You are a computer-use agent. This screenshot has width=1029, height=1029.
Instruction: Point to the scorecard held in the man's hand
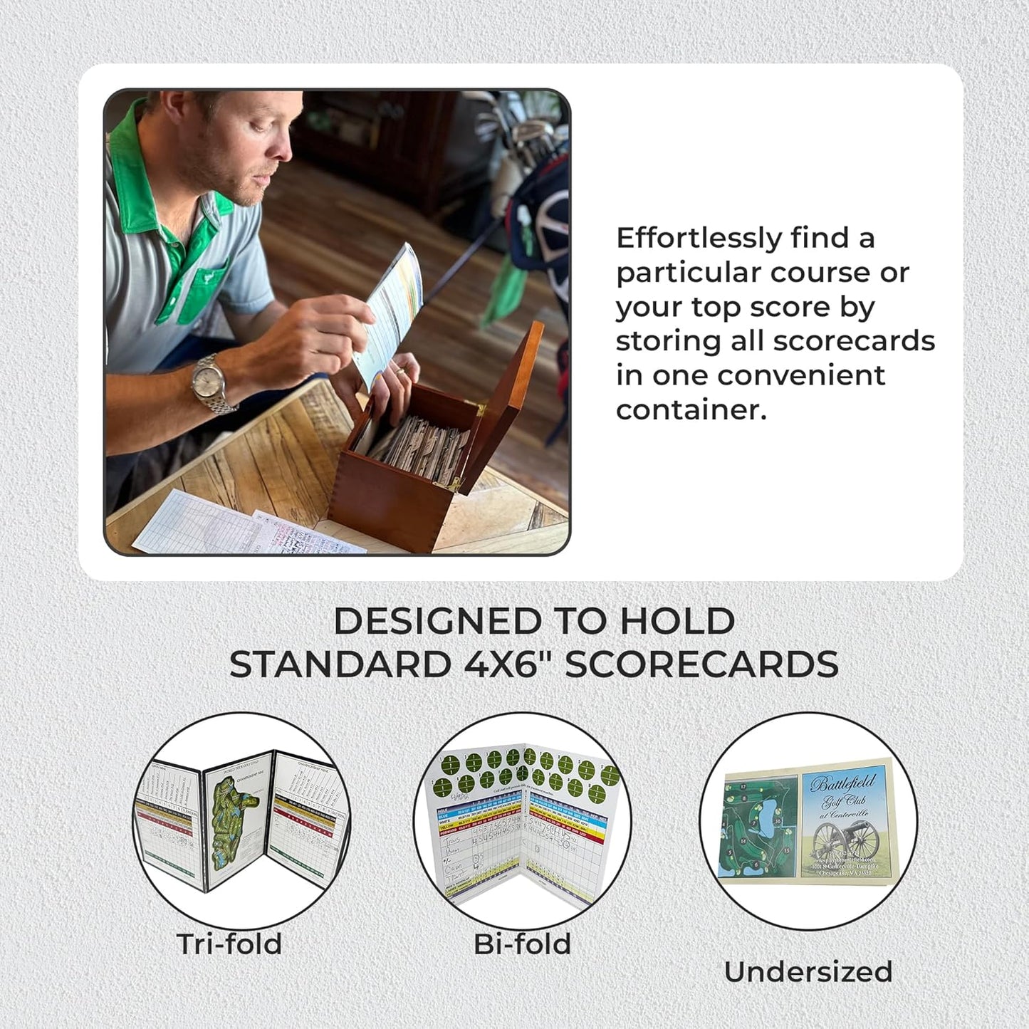click(x=390, y=313)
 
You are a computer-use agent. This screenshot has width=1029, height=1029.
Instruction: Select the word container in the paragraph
click(x=690, y=409)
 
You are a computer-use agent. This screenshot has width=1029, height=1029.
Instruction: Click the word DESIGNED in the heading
click(x=437, y=621)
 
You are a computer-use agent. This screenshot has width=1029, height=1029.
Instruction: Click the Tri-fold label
click(x=229, y=944)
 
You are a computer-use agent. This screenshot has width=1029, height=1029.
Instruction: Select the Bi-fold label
click(x=523, y=944)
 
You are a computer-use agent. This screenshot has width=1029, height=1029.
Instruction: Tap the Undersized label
click(x=808, y=971)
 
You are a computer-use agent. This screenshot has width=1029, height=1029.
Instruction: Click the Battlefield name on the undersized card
click(x=842, y=785)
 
